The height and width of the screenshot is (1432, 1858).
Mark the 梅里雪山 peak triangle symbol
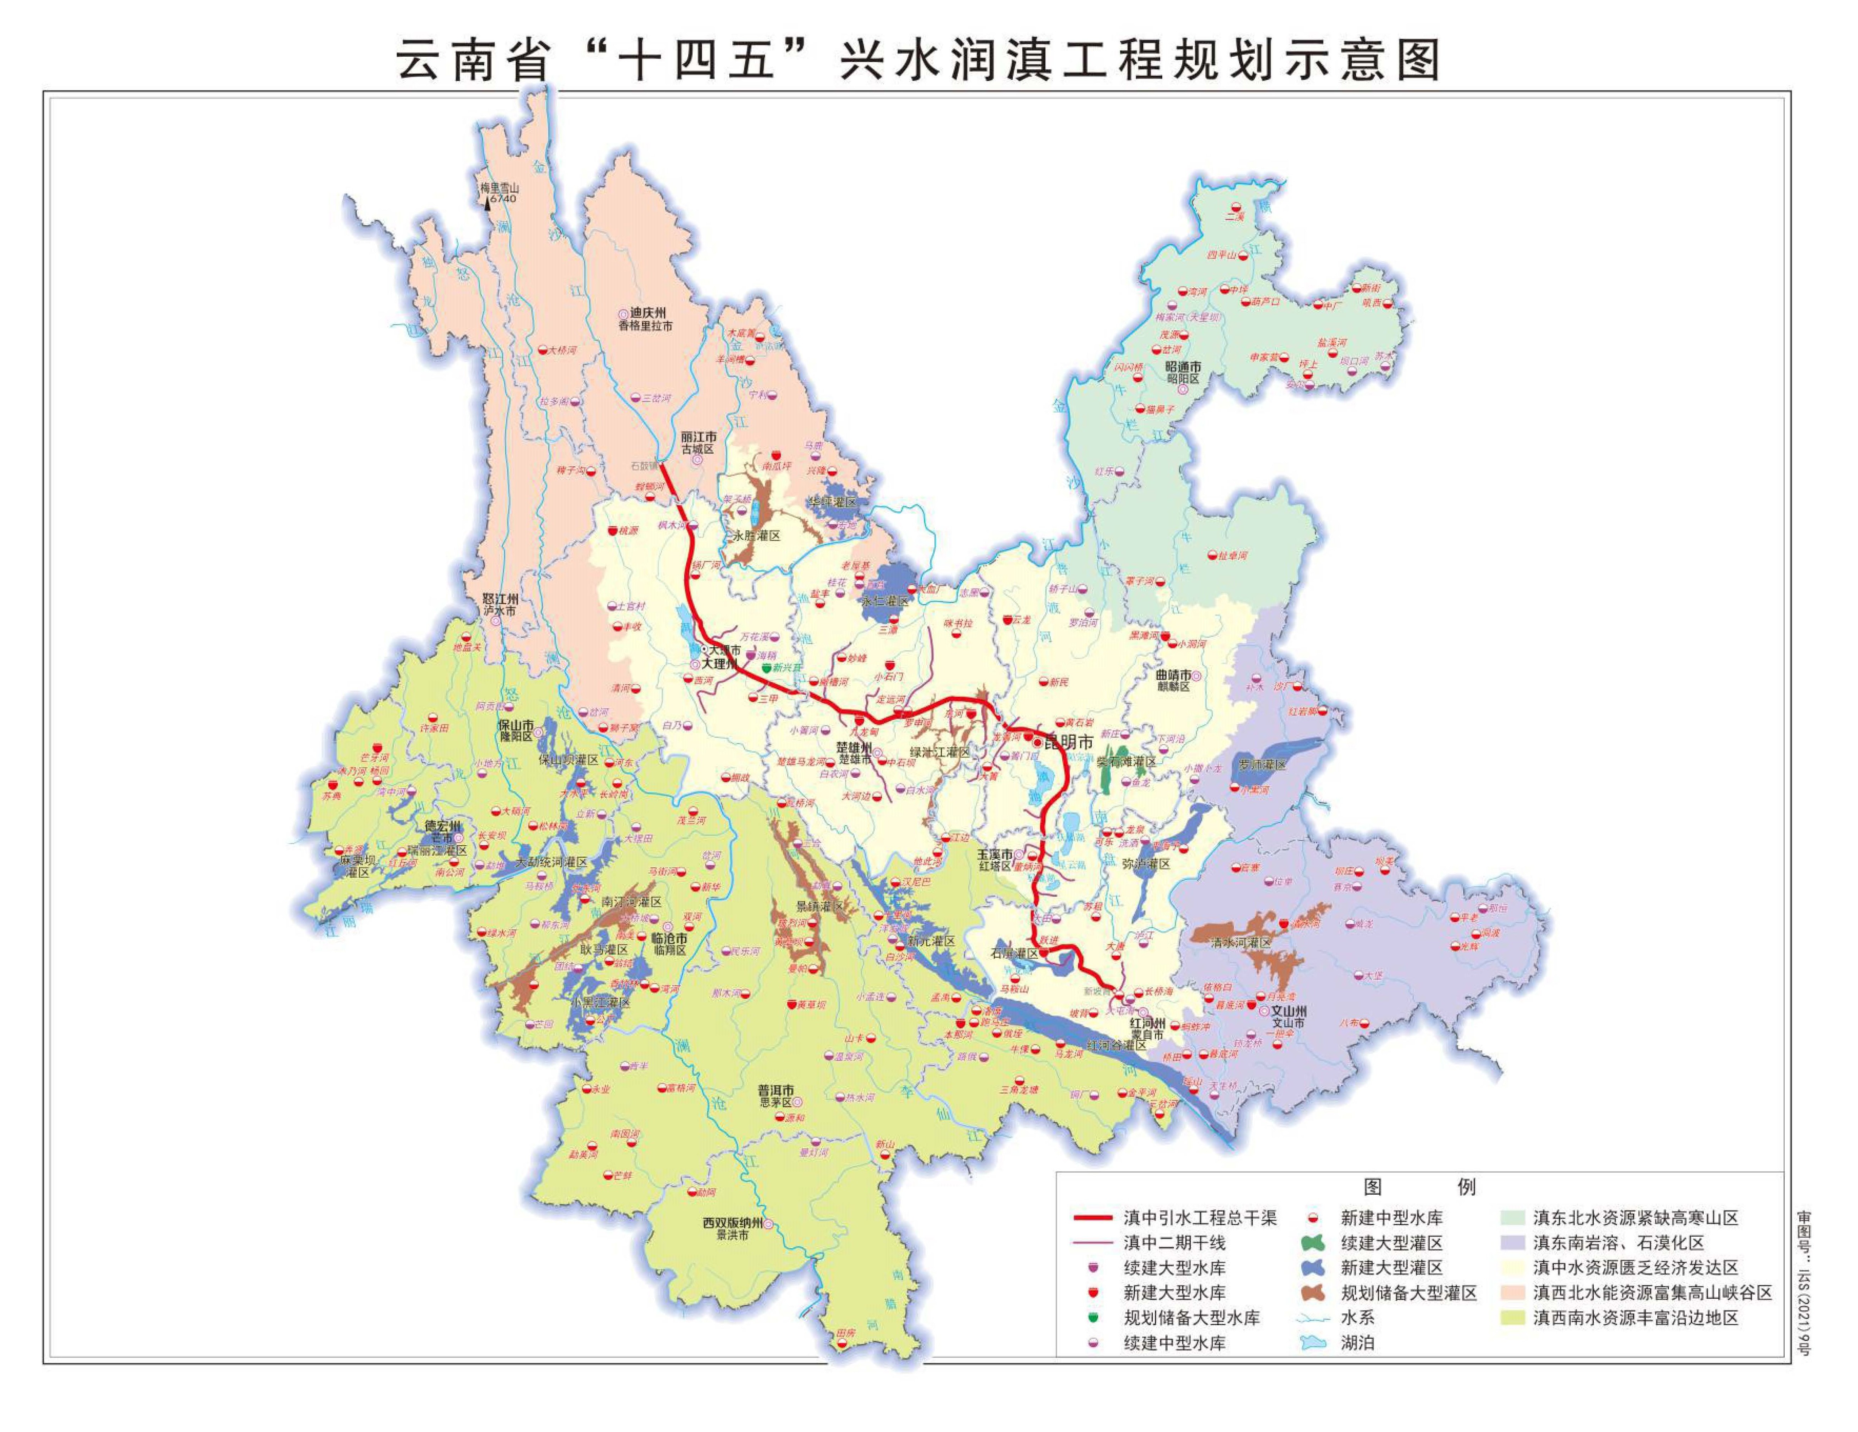click(x=487, y=203)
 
